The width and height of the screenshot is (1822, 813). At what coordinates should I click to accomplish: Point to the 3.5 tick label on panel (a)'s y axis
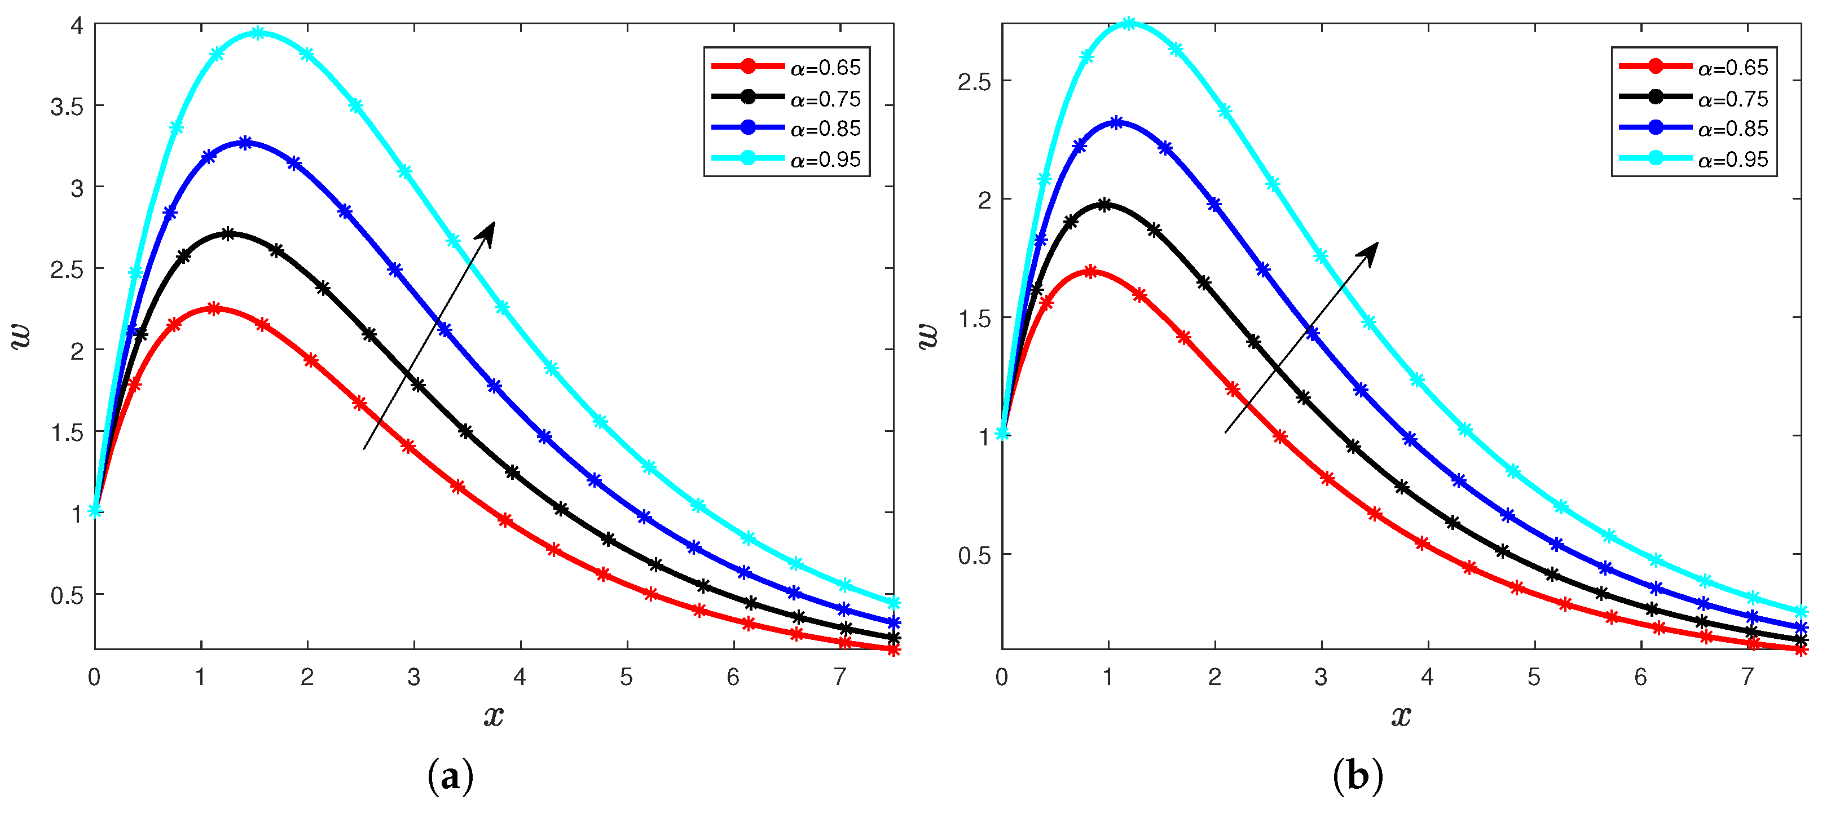pos(67,107)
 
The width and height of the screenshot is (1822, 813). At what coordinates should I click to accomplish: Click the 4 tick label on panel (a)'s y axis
pos(76,26)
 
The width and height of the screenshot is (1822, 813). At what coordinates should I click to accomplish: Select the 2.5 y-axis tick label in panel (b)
pos(974,82)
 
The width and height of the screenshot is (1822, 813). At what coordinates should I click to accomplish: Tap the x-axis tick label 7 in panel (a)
pos(839,677)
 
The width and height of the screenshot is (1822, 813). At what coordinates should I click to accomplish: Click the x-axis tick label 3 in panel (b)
pos(1321,677)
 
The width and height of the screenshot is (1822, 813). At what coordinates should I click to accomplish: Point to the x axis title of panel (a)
pos(494,715)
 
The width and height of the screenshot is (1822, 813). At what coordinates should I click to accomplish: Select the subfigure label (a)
pos(451,777)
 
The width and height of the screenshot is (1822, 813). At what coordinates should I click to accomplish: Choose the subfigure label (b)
pos(1357,777)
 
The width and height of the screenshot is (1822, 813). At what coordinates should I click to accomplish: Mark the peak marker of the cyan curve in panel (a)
pos(258,33)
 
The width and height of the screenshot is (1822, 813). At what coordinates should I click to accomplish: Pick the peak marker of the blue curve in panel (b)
pos(1116,122)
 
